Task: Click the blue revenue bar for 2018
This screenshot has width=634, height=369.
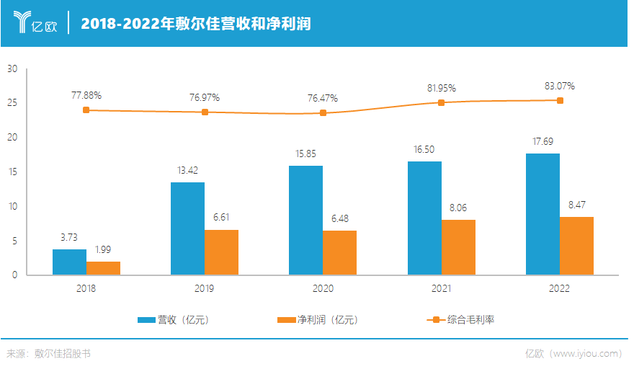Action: coord(69,262)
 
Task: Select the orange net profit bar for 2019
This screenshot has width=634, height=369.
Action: coord(221,252)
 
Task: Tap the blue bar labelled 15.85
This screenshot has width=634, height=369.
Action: coord(305,221)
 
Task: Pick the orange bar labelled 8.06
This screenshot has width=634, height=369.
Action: coord(458,247)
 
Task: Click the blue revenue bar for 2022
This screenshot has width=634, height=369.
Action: coord(543,214)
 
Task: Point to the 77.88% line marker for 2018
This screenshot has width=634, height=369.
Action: coord(86,110)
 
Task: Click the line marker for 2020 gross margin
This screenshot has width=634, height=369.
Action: coord(323,113)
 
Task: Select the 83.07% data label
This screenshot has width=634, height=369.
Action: coord(560,86)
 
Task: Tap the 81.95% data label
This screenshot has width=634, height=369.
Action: coord(442,89)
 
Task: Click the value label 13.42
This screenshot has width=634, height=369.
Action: coord(187,172)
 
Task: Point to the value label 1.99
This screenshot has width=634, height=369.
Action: coord(104,250)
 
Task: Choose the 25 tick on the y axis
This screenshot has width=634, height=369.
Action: coord(12,103)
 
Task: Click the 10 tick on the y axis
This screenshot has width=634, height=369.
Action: coord(12,206)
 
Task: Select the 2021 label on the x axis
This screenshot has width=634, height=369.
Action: coord(441,288)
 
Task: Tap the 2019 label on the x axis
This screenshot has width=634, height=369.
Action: coord(205,288)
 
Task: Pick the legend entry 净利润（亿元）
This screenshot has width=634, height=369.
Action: coord(317,319)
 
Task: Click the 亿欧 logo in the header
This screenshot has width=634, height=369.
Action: coord(36,22)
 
